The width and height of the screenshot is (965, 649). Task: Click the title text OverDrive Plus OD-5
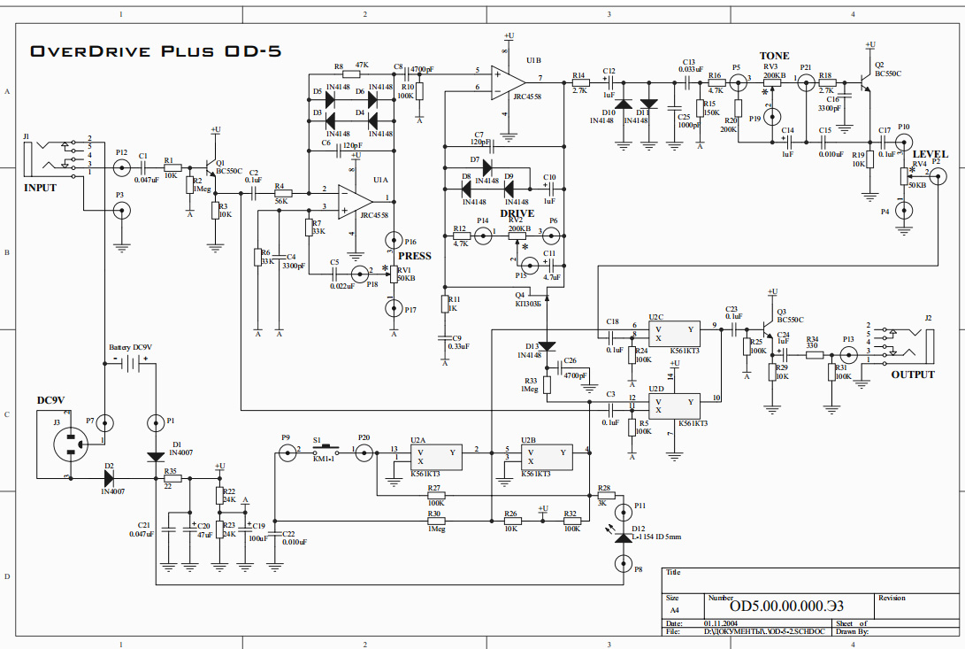point(156,50)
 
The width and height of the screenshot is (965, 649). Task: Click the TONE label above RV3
point(774,56)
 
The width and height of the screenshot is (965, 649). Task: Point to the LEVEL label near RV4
point(930,154)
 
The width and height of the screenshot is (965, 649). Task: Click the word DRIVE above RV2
point(517,213)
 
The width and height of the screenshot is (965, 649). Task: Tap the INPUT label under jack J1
point(40,188)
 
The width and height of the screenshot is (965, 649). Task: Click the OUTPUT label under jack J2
point(913,375)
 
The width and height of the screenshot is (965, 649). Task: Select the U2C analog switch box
point(675,333)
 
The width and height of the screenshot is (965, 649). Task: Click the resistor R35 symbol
point(172,478)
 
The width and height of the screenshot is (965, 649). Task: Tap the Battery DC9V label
point(130,348)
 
